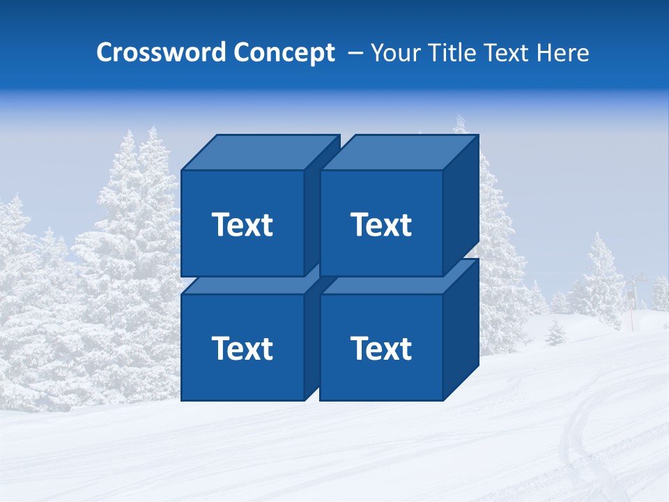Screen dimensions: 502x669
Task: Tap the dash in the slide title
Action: pyautogui.click(x=355, y=53)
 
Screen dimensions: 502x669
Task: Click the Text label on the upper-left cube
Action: pyautogui.click(x=242, y=225)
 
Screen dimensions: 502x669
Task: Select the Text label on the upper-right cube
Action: pyautogui.click(x=380, y=225)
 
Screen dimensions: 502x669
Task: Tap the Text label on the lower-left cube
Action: pyautogui.click(x=242, y=348)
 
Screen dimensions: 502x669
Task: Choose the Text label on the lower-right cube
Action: pyautogui.click(x=380, y=348)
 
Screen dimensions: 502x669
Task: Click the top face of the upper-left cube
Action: pyautogui.click(x=259, y=153)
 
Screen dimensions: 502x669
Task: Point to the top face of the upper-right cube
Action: pyautogui.click(x=399, y=153)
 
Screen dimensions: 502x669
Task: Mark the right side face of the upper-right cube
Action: pyautogui.click(x=461, y=202)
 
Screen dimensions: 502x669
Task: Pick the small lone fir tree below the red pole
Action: pyautogui.click(x=555, y=333)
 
